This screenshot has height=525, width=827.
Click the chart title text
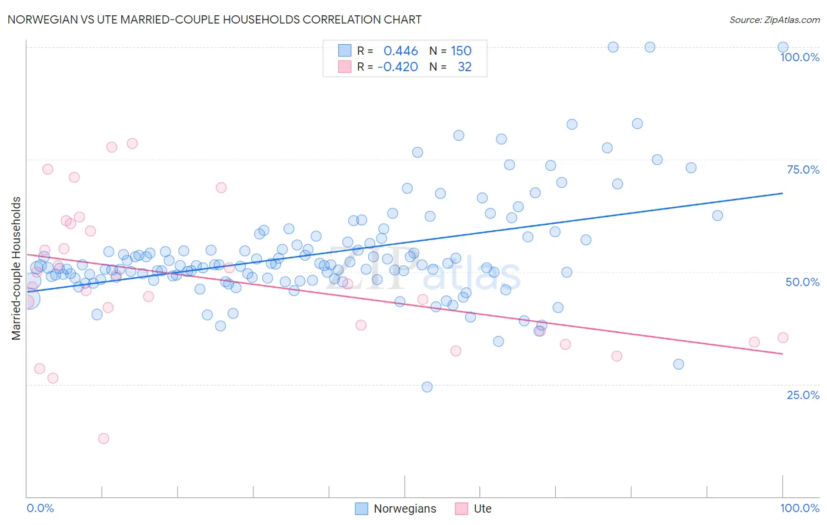[214, 19]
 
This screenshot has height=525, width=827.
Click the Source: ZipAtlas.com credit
[774, 19]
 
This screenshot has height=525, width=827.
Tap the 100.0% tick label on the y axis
[799, 57]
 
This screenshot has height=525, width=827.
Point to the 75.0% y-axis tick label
[802, 170]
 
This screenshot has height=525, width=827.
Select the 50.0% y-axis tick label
[802, 282]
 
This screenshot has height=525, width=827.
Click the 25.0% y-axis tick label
[802, 395]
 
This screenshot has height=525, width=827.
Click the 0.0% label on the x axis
[40, 508]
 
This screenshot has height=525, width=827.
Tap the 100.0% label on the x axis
[799, 508]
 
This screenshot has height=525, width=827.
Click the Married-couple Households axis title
[16, 268]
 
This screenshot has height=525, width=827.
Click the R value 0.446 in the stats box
[401, 51]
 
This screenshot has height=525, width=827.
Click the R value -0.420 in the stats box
[398, 67]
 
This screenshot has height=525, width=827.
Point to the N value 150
[461, 51]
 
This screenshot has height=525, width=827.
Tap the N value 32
[464, 67]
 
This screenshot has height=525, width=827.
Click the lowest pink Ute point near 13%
[104, 438]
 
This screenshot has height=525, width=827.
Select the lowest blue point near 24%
[427, 387]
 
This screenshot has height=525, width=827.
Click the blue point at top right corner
[783, 47]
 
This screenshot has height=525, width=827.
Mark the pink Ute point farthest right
[783, 338]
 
